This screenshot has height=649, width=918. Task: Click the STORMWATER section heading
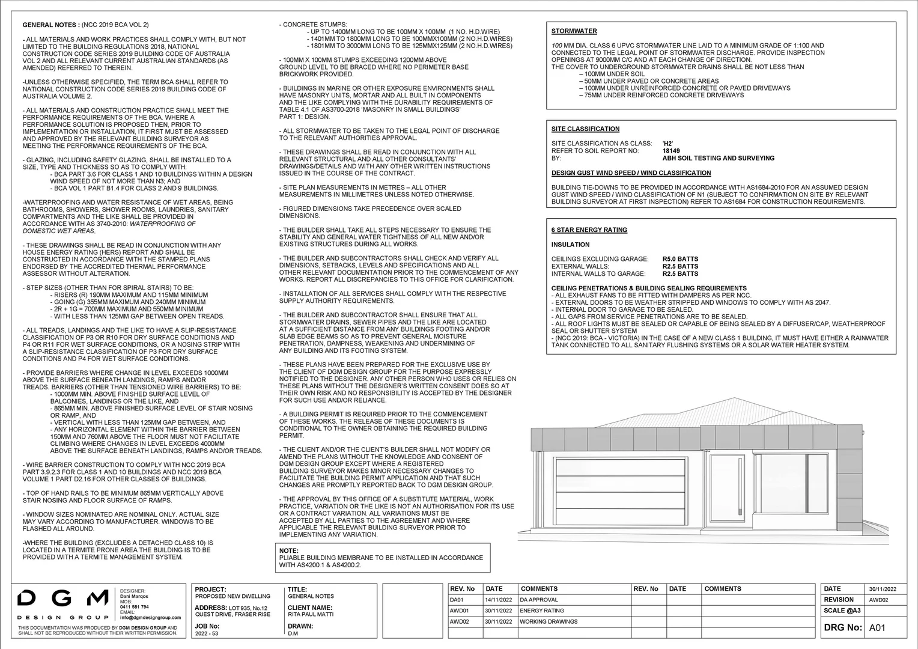point(574,31)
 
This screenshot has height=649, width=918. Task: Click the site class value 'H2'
point(667,144)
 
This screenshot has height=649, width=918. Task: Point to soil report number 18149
point(671,151)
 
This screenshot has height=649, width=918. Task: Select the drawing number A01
point(877,628)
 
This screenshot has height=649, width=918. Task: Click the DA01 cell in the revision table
point(457,600)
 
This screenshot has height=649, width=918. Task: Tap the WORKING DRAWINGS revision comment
point(549,621)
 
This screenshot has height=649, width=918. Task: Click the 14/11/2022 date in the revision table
point(497,600)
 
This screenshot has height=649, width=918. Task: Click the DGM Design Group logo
point(62,603)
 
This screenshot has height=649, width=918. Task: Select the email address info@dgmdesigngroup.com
point(150,617)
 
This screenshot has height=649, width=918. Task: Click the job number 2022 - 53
point(208,633)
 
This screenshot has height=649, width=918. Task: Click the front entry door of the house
point(728,489)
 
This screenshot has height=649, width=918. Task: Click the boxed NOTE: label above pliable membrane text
point(289,550)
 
